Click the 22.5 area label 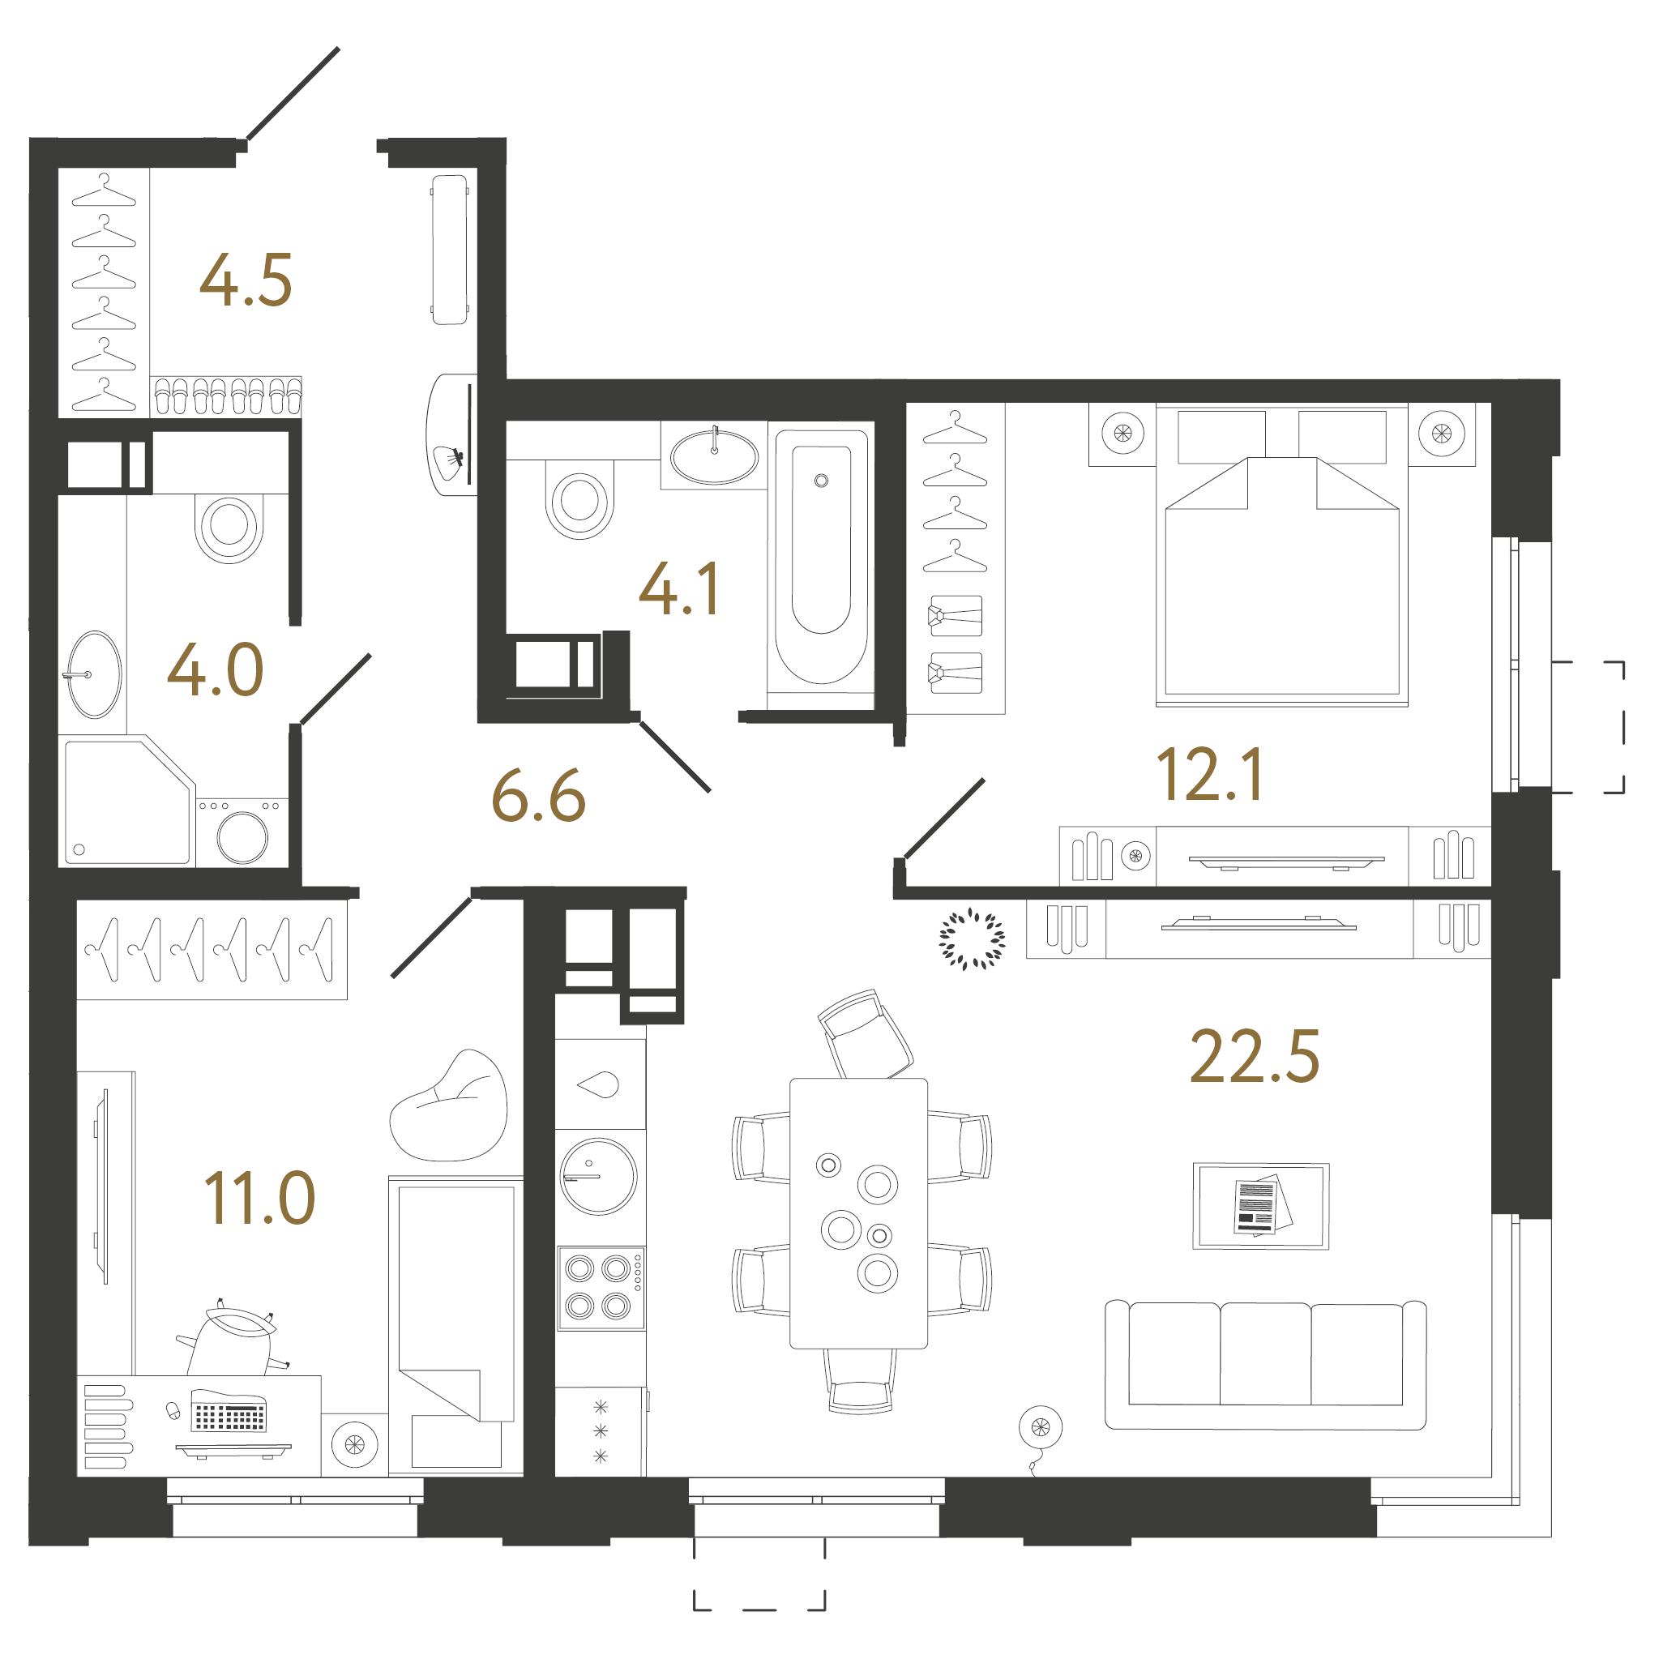tap(1254, 1057)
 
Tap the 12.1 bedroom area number tap(1210, 775)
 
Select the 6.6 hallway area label tap(538, 796)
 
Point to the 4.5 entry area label tap(246, 280)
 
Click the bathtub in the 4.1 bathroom tap(821, 562)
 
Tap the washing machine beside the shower tap(242, 833)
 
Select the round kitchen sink tap(598, 1177)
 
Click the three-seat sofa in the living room tap(1265, 1366)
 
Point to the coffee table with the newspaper tap(1260, 1206)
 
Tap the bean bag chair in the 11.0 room tap(449, 1108)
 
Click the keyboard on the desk tap(229, 1416)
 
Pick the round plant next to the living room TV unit tap(972, 939)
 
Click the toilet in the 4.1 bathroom tap(579, 501)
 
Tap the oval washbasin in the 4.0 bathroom tap(95, 674)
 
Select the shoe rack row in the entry tap(226, 397)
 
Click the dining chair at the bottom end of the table tap(860, 1383)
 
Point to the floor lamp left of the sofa tap(1040, 1428)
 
